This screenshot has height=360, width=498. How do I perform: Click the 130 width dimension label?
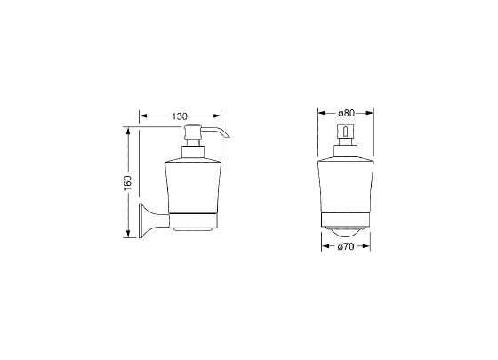pos(180,116)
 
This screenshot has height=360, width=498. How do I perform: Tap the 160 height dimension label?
pos(127,183)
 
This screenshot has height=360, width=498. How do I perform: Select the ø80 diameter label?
pos(346,113)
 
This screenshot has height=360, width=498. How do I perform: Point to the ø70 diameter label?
pos(346,246)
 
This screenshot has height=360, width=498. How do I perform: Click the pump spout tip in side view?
pos(228,137)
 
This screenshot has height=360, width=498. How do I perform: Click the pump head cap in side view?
pos(192,132)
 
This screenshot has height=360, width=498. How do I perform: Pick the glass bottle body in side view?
pos(192,187)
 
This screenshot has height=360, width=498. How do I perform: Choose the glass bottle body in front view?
pos(346,187)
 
